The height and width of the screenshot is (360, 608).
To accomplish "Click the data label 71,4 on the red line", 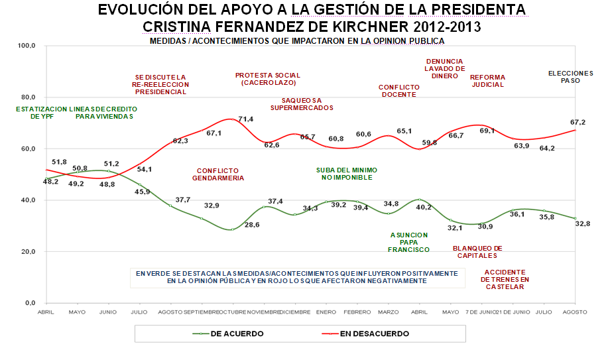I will [x=246, y=119].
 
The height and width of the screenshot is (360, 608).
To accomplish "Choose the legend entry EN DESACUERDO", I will [x=373, y=333].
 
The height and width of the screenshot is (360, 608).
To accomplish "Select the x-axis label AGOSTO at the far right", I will [x=575, y=312].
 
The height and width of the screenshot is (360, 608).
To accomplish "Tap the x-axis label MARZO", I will [x=388, y=312].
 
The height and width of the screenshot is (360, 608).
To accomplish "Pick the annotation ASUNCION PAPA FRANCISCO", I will [x=408, y=242].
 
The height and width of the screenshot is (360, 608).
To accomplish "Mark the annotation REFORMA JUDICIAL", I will [x=487, y=81].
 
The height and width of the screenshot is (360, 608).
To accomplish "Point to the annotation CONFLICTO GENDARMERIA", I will [x=218, y=174].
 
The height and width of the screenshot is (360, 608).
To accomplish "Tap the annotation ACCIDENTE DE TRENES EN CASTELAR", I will [x=505, y=279].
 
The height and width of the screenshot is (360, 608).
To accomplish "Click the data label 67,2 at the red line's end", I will [x=578, y=122].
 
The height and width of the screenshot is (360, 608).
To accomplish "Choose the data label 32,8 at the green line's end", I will [x=583, y=223].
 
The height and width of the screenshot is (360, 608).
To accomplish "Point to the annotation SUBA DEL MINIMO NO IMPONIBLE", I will [x=344, y=174].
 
